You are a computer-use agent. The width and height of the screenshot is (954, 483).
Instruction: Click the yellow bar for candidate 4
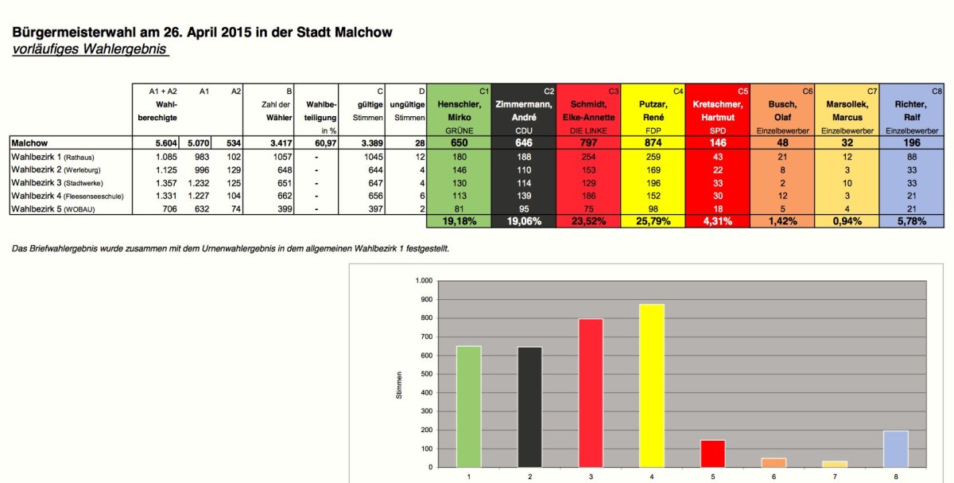[652, 386]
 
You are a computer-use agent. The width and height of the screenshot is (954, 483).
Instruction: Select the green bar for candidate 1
[468, 407]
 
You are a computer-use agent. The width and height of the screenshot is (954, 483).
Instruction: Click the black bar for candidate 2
[529, 407]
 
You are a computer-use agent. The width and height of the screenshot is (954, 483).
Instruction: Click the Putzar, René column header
[652, 111]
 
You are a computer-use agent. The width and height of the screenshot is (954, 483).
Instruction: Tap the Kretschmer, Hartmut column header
[716, 111]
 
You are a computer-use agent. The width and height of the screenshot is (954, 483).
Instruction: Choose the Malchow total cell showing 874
[652, 142]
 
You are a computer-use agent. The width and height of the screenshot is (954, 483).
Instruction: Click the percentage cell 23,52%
[588, 221]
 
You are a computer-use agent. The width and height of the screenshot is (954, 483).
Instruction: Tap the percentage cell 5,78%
[909, 221]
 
